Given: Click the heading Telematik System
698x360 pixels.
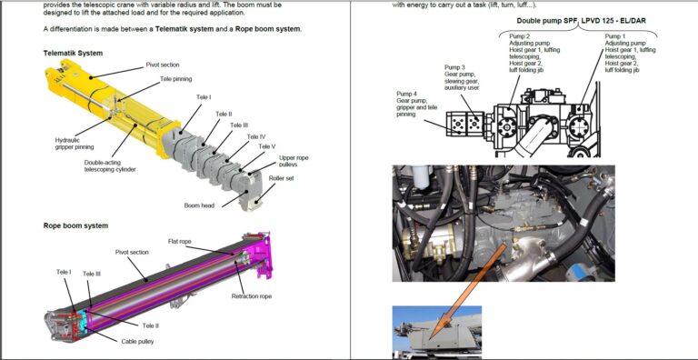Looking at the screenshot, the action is point(73,53).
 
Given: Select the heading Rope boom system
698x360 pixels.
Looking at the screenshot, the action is point(75,225).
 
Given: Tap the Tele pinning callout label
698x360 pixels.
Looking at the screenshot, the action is point(175,79).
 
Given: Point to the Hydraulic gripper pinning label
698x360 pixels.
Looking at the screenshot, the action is point(75,144).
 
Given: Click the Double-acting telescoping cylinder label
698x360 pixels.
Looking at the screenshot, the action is point(110,166).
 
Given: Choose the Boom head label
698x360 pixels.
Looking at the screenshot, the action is point(199,205).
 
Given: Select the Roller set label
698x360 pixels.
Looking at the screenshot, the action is point(282,178).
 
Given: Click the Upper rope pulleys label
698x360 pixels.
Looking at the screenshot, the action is point(294,161).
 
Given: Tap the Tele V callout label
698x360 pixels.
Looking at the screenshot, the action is point(267,146).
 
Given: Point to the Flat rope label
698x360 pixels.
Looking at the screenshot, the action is point(179,242).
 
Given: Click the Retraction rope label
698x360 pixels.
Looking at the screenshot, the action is point(252,296).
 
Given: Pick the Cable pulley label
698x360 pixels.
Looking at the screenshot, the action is point(137,342).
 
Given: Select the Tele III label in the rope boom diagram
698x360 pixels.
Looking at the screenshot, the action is point(92,274).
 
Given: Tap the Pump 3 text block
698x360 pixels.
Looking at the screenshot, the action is point(462,77).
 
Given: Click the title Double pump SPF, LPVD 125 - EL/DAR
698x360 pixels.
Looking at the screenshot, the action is point(582,21).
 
